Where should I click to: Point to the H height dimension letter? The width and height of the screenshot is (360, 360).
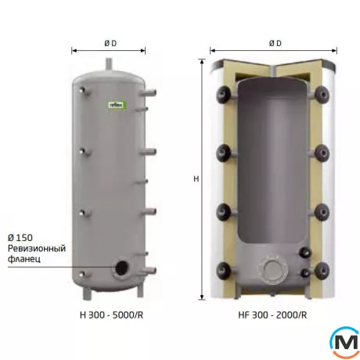(x=196, y=179)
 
